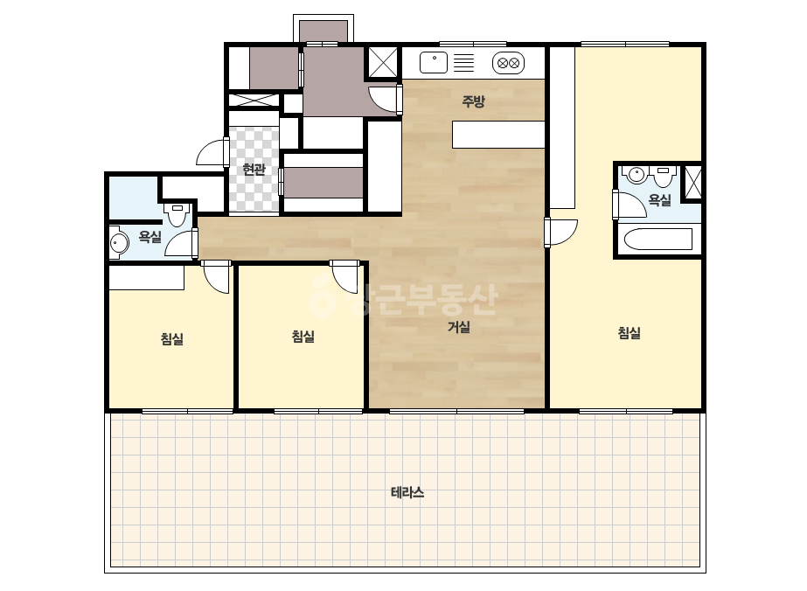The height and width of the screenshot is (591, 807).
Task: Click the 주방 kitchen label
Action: (x=473, y=101)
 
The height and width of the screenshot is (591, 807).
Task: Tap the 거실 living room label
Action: (x=458, y=326)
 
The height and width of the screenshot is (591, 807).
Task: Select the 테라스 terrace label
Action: (x=407, y=493)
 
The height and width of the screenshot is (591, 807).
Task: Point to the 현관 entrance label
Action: (x=254, y=169)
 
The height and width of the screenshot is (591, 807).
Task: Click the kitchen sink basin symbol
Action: (x=434, y=63)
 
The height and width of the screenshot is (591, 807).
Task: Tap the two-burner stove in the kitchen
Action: (x=509, y=63)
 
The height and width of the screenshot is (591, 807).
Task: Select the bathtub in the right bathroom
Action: (x=657, y=239)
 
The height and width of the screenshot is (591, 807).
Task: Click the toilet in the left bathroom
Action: (x=177, y=215)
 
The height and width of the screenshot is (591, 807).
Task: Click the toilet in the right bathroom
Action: (x=663, y=176)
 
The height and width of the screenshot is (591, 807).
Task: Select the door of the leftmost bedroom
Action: (x=216, y=277)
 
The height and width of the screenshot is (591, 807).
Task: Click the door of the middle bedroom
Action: (x=345, y=277)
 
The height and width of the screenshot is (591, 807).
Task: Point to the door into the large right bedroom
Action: (x=561, y=233)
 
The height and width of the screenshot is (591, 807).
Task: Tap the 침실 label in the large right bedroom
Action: (x=629, y=332)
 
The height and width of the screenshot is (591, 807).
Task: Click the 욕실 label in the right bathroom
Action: (x=660, y=199)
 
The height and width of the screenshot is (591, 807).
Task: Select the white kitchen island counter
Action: (x=498, y=135)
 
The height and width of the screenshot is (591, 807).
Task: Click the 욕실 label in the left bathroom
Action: (x=150, y=236)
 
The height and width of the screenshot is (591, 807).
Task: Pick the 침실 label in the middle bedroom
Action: (x=303, y=337)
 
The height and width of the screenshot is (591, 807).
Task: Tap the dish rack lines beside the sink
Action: (x=463, y=63)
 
